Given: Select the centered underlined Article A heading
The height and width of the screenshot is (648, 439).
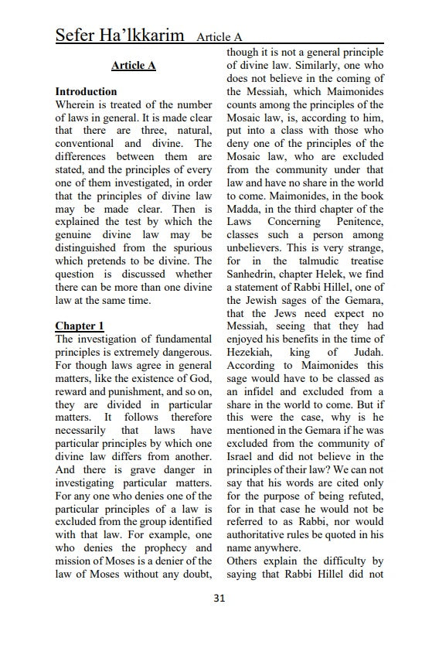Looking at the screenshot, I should (133, 66).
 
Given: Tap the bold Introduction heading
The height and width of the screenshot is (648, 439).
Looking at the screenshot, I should (86, 91).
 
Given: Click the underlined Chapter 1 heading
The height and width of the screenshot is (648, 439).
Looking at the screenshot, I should (80, 327).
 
